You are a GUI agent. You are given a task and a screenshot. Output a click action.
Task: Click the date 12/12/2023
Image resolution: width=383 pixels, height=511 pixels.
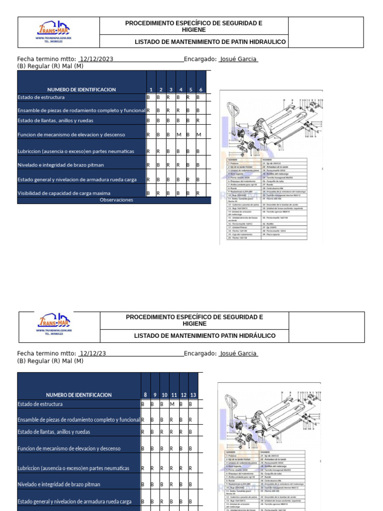pos(96,59)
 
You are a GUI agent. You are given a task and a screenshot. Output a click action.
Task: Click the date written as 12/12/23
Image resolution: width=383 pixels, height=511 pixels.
pos(92,353)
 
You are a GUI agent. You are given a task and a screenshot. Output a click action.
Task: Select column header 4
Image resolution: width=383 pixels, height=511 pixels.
pos(181,89)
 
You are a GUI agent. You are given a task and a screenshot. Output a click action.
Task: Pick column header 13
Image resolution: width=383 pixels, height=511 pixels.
pos(193,395)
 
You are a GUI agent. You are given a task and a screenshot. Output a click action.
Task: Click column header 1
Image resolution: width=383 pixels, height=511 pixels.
pos(151,89)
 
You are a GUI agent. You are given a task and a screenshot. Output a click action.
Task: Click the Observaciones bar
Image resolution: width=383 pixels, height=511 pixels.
pos(116,200)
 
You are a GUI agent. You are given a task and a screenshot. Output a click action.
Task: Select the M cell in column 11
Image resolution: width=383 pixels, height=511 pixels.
pos(172,404)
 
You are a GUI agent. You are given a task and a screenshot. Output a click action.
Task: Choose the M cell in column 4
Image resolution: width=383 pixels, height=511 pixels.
pos(179,135)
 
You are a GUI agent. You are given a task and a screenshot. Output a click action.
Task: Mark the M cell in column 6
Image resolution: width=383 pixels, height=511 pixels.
pos(198,135)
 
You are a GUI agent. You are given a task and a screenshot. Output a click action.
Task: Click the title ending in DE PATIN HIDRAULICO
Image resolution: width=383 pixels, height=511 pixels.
pos(210,42)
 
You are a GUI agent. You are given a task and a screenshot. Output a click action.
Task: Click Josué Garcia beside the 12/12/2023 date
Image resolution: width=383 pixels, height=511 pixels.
pos(238,59)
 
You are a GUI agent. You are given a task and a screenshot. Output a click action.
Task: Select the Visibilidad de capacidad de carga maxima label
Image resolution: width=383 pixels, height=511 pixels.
pos(71,193)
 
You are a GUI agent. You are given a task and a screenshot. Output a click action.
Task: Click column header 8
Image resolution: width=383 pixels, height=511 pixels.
pos(145,395)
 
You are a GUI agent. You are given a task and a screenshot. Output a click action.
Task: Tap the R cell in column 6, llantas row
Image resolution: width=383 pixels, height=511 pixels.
pos(198,121)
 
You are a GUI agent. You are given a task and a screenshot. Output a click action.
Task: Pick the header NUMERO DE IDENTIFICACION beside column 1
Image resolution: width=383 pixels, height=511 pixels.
pos(81,89)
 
